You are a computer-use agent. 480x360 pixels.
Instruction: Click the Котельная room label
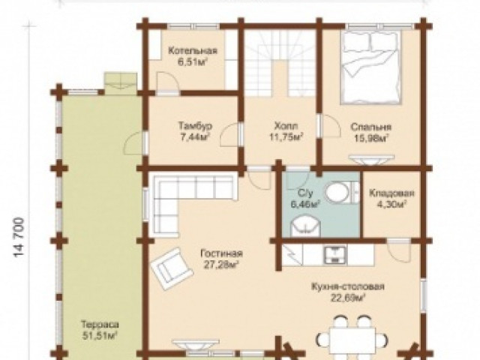(193, 50)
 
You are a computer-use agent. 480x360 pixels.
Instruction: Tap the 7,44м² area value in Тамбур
(195, 136)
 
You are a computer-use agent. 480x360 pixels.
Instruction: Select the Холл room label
(286, 126)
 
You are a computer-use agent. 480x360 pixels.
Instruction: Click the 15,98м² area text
(371, 138)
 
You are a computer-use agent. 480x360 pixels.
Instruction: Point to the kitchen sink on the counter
(335, 254)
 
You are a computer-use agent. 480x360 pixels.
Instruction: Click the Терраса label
(100, 324)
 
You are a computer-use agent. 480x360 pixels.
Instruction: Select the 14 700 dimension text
(19, 238)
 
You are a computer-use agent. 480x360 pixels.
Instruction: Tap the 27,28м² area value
(221, 265)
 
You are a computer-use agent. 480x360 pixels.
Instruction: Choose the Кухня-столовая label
(348, 286)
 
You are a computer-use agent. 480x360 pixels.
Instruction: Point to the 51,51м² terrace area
(100, 335)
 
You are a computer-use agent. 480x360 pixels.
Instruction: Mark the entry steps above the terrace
(120, 81)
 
